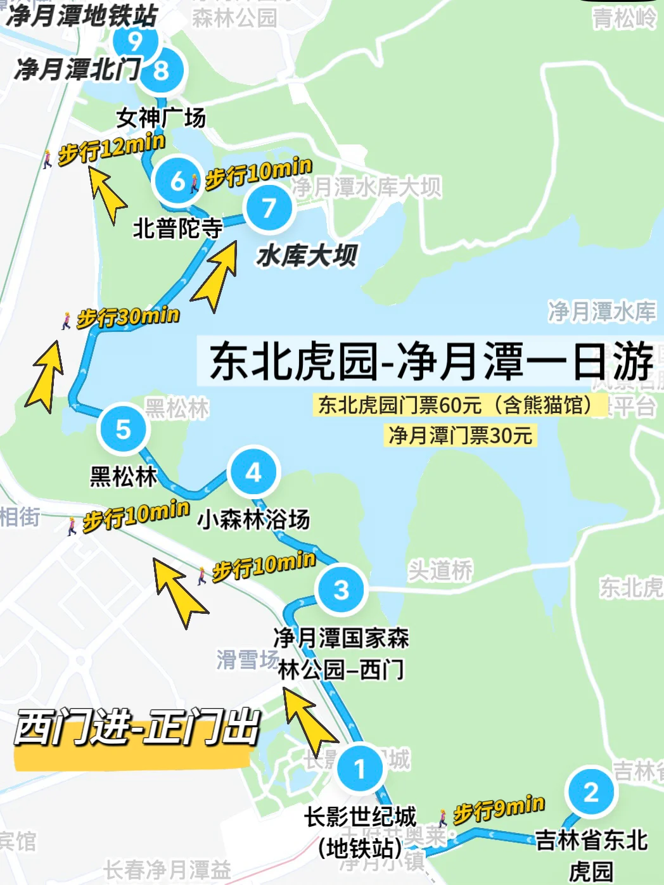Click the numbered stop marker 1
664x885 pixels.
[x=360, y=768]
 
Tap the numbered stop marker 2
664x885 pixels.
[x=591, y=792]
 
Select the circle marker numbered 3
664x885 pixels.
[x=342, y=589]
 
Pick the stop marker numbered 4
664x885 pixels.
[x=253, y=472]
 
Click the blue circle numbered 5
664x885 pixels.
[x=123, y=429]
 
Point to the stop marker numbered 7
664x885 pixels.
[x=269, y=207]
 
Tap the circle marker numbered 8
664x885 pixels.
[x=161, y=70]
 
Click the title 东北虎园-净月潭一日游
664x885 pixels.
[x=431, y=361]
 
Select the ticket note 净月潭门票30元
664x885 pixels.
[x=461, y=435]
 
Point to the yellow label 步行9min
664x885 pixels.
[x=499, y=809]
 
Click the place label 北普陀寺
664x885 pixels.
[x=177, y=228]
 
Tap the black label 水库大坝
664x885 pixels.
[x=307, y=256]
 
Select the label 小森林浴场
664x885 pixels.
[x=253, y=519]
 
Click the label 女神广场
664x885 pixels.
[x=161, y=118]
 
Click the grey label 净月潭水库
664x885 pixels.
[x=601, y=311]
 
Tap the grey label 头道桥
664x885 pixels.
[x=440, y=570]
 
